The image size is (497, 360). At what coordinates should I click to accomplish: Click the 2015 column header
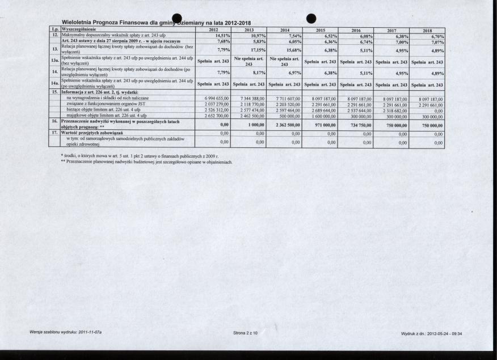point(321,29)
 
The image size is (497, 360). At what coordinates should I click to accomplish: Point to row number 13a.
point(54,61)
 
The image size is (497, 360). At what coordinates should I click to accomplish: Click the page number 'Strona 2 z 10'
point(245,333)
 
